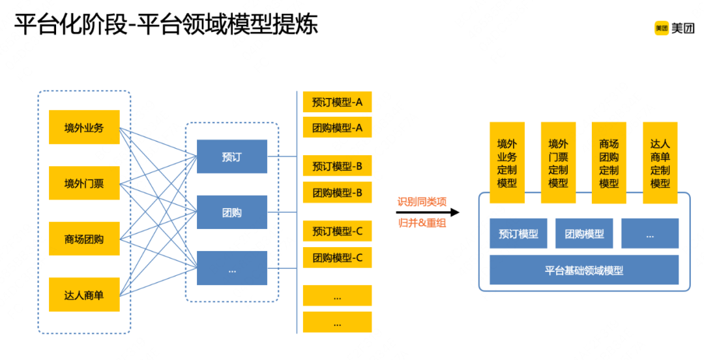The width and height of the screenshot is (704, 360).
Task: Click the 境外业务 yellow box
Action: (84, 127)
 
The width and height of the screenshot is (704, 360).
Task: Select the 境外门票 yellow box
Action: (84, 183)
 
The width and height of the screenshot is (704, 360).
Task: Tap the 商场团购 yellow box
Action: (84, 239)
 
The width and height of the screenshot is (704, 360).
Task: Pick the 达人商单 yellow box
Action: (84, 295)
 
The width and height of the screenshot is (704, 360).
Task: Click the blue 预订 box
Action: (232, 157)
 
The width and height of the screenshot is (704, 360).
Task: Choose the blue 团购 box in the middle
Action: (232, 212)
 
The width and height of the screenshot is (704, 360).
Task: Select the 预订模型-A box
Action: (337, 102)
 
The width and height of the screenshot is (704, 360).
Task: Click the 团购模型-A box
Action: (337, 127)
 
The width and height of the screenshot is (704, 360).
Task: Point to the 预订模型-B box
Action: (337, 166)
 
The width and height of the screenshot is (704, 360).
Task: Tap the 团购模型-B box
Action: (337, 192)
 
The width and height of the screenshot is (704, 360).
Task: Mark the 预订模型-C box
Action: (337, 231)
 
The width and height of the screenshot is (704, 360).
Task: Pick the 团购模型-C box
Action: (337, 257)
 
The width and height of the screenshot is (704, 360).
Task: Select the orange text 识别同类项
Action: (422, 201)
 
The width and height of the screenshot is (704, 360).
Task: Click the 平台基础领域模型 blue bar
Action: (584, 270)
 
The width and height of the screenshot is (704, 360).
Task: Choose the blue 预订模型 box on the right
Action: (518, 233)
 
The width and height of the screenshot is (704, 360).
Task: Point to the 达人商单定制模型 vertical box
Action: (660, 163)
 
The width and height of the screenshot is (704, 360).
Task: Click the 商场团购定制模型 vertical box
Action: (609, 163)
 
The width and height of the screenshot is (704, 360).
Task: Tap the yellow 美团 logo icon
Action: (662, 28)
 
